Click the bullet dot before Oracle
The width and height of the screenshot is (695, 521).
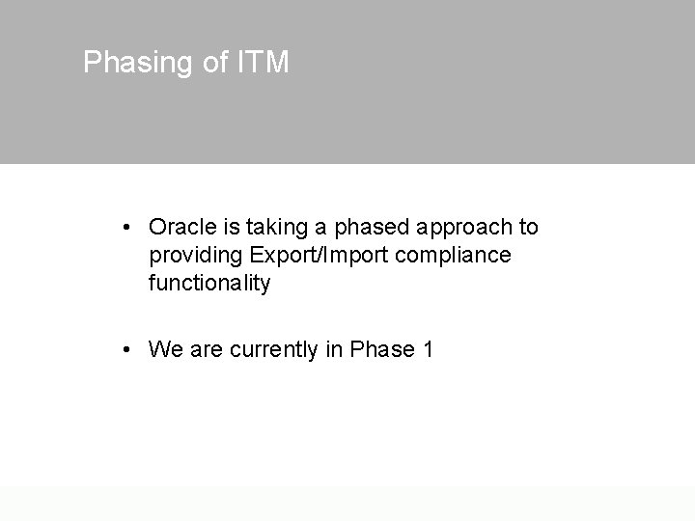click(x=127, y=228)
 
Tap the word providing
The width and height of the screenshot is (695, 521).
click(x=195, y=257)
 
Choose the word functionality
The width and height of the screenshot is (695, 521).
click(x=209, y=284)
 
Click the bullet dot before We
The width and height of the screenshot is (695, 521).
click(x=127, y=349)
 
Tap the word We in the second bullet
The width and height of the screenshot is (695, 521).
click(x=166, y=349)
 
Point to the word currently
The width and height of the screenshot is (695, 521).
click(x=274, y=350)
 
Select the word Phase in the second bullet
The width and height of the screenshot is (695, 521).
click(x=380, y=349)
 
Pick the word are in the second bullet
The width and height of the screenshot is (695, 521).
click(x=207, y=349)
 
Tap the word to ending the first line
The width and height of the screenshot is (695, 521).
click(x=528, y=228)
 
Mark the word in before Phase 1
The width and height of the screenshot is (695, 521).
click(x=334, y=349)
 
